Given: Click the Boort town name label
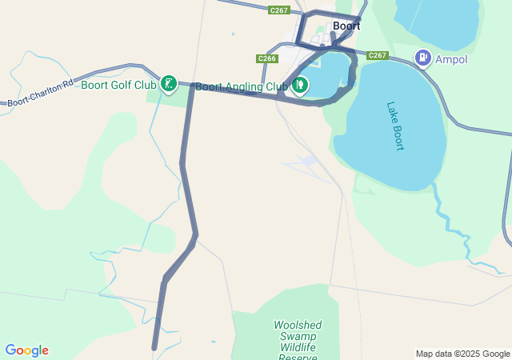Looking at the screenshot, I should tap(346, 26).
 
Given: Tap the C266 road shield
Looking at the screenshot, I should tap(267, 58).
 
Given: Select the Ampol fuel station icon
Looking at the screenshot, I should tap(422, 58).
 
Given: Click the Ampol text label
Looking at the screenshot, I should tap(453, 59).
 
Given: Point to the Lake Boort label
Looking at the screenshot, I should tap(395, 126).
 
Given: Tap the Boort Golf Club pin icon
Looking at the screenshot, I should tap(168, 83).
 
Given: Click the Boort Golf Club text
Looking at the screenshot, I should tap(118, 85).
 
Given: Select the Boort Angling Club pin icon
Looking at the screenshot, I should tap(300, 85).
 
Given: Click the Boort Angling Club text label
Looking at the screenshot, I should tap(241, 86).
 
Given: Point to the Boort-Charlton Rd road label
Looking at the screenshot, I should tap(40, 93).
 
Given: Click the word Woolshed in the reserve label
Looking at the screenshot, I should tap(298, 326).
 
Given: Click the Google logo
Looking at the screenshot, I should tap(26, 350).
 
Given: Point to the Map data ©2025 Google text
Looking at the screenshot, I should tap(462, 354).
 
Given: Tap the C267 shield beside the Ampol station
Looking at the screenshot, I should tap(378, 55).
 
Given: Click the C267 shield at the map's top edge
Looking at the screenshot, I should tap(279, 10).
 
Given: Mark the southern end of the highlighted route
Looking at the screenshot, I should tap(154, 347).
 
